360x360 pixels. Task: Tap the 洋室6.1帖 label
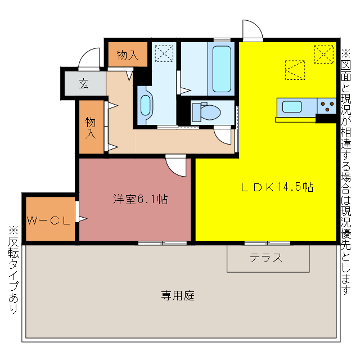(139, 199)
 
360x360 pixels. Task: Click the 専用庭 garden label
(178, 295)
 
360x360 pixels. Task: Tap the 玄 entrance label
(84, 84)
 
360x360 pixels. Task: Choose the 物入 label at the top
(127, 55)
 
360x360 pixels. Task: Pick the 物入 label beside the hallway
(91, 127)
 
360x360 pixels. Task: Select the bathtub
(222, 69)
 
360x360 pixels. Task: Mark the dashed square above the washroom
(164, 54)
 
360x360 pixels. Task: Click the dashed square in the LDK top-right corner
(323, 54)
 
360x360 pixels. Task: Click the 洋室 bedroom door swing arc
(177, 165)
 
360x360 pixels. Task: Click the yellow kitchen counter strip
(295, 119)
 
